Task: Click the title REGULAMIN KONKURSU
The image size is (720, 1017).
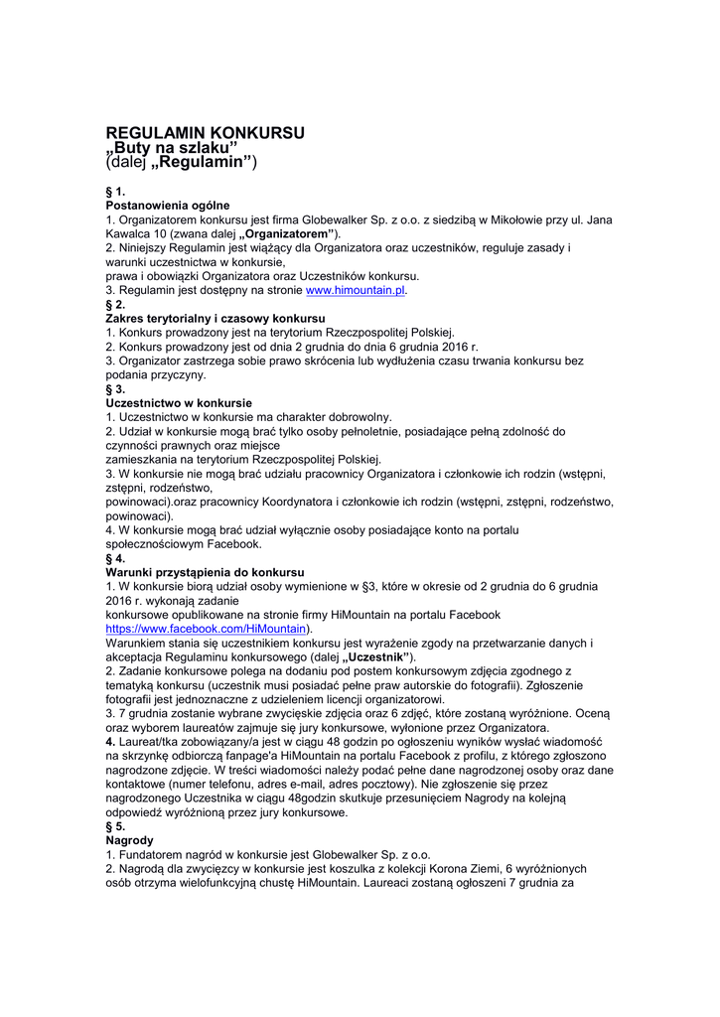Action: tap(205, 132)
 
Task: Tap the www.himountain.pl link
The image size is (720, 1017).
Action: tap(355, 290)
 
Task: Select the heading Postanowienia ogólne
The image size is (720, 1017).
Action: tap(168, 205)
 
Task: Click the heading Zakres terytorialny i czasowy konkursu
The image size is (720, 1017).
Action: tap(215, 319)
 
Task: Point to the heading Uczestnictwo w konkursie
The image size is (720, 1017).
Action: tap(179, 403)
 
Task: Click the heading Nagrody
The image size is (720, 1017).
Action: tap(129, 840)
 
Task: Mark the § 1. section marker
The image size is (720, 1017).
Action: tap(115, 190)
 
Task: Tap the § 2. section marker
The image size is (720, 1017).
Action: tap(115, 304)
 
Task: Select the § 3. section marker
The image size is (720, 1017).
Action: tap(115, 389)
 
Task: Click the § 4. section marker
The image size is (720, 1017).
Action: tap(115, 558)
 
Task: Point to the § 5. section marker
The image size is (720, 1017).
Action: tap(115, 826)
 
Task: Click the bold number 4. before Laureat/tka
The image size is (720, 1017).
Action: tap(110, 742)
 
